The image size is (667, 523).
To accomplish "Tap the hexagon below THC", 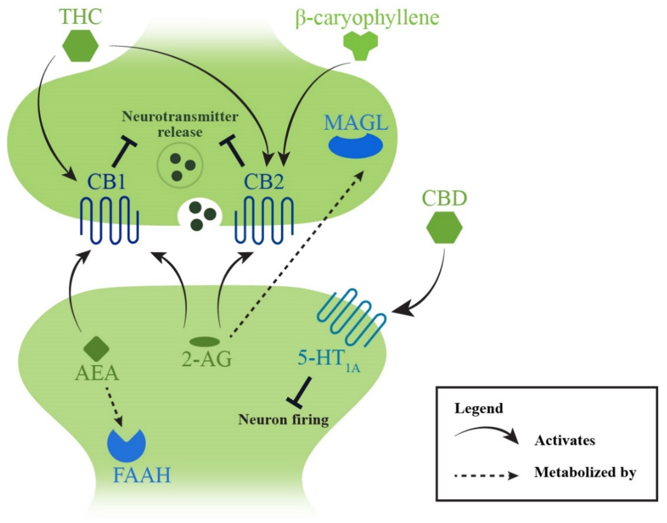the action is (x=80, y=46).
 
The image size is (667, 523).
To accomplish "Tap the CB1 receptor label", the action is (x=106, y=183).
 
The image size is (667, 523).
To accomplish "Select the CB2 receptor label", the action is (x=264, y=183).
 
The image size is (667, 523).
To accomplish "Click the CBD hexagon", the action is (x=444, y=228).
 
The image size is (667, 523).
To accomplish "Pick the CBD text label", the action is (x=444, y=198).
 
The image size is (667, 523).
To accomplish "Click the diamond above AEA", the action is (x=97, y=349).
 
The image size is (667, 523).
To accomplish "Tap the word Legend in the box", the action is (x=479, y=408).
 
